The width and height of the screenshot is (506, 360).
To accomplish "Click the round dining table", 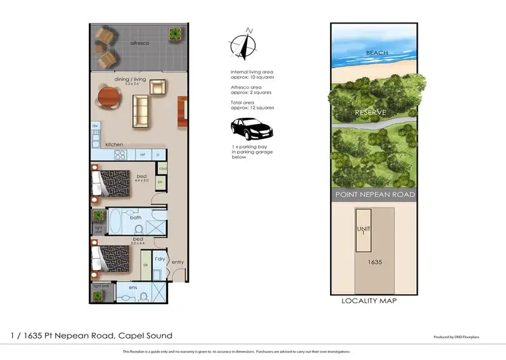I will click(109, 98).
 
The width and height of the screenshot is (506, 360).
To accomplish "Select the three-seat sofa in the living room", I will click(141, 111).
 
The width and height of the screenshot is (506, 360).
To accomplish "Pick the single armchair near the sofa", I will click(157, 86).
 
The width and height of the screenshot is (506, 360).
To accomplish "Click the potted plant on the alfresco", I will click(175, 33).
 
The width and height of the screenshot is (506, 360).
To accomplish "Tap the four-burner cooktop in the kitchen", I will click(120, 154).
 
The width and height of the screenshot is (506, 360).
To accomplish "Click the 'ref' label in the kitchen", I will click(142, 154).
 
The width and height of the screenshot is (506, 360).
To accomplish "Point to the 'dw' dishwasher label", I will click(95, 126).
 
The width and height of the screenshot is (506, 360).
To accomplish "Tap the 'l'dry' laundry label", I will click(160, 259).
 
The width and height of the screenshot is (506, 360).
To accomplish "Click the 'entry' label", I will click(177, 262).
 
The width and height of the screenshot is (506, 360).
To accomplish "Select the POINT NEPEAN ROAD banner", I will click(374, 195).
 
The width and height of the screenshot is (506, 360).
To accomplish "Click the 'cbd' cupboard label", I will click(163, 169).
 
